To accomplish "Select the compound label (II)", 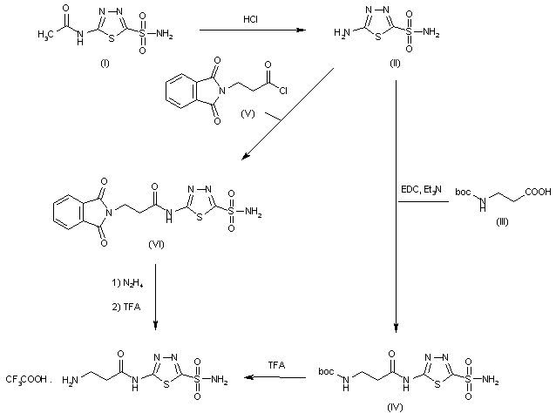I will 397,66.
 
